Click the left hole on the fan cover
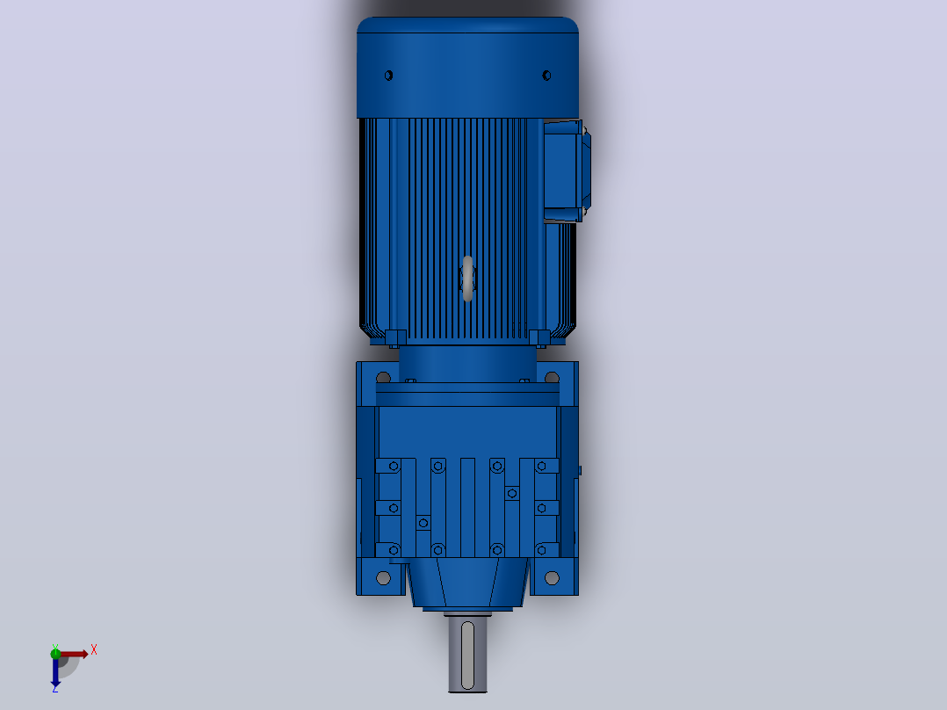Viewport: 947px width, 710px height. tap(388, 76)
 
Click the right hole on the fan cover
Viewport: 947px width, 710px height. tap(546, 76)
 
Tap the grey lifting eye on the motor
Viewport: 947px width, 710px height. tap(467, 279)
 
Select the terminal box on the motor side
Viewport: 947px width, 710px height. tap(566, 171)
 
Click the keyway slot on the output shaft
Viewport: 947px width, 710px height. tap(467, 656)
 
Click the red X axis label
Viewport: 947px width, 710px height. tap(94, 650)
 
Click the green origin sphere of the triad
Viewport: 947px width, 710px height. tap(55, 653)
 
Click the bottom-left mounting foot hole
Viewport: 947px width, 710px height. tap(383, 578)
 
